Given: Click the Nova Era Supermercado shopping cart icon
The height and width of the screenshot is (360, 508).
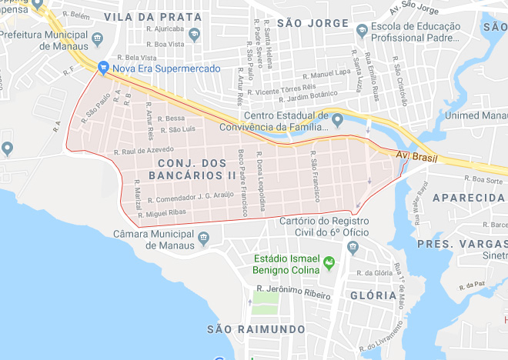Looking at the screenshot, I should tap(102, 68).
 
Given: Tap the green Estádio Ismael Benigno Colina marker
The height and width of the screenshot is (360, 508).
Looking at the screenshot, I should tap(329, 264).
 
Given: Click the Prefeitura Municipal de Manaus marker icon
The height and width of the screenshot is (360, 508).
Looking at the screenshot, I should tap(97, 38).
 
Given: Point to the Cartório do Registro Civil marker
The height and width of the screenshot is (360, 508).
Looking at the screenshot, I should tap(353, 247).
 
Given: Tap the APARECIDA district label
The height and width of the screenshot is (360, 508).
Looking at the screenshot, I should tap(468, 198).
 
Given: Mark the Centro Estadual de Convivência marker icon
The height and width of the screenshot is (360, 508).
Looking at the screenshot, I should tap(336, 119).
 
